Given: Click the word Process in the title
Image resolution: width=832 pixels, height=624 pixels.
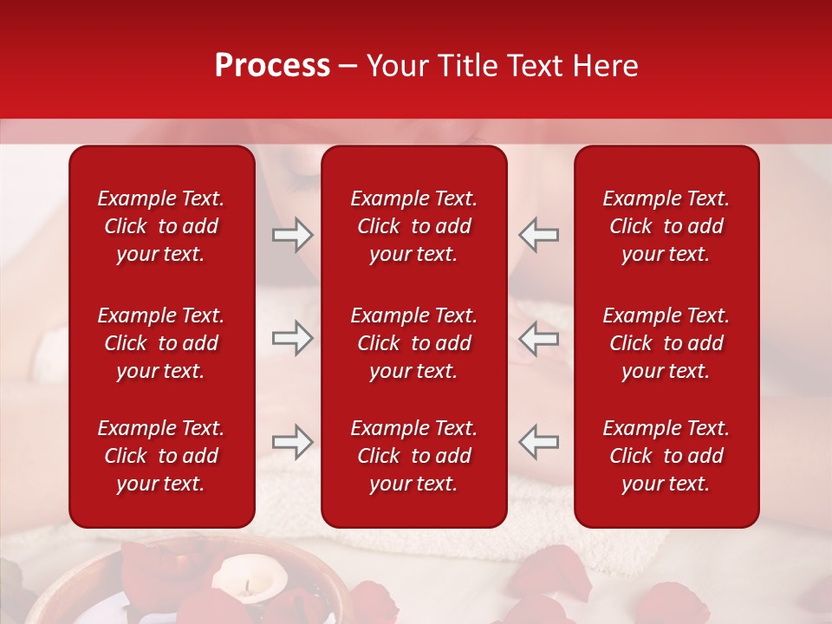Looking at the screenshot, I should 272,66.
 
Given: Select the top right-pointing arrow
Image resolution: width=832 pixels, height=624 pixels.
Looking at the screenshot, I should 292,235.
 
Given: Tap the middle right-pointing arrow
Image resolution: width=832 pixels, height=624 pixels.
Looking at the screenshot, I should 292,338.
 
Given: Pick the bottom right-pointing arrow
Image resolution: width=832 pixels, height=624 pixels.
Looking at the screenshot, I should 292,442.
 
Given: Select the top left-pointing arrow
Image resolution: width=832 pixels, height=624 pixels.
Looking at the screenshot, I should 538,235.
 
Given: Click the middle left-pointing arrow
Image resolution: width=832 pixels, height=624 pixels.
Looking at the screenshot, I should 538,338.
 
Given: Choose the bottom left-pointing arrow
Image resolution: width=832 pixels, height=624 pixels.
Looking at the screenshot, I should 538,442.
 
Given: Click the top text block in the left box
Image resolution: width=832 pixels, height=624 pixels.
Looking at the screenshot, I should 161,226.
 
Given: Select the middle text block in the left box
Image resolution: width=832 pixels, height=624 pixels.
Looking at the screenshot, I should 161,343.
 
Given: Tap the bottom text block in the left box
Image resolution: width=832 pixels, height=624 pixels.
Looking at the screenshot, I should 161,456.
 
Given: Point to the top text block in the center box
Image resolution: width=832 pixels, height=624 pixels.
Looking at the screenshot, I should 413,226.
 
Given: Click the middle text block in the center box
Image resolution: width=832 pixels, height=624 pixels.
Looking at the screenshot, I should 413,343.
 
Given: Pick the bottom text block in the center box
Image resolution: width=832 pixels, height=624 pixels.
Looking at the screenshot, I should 413,456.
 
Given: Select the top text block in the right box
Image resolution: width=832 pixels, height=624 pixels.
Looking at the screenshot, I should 666,226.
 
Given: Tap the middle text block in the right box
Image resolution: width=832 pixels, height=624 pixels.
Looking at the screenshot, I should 666,343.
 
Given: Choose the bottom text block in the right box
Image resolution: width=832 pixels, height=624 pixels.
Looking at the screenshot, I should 666,456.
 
